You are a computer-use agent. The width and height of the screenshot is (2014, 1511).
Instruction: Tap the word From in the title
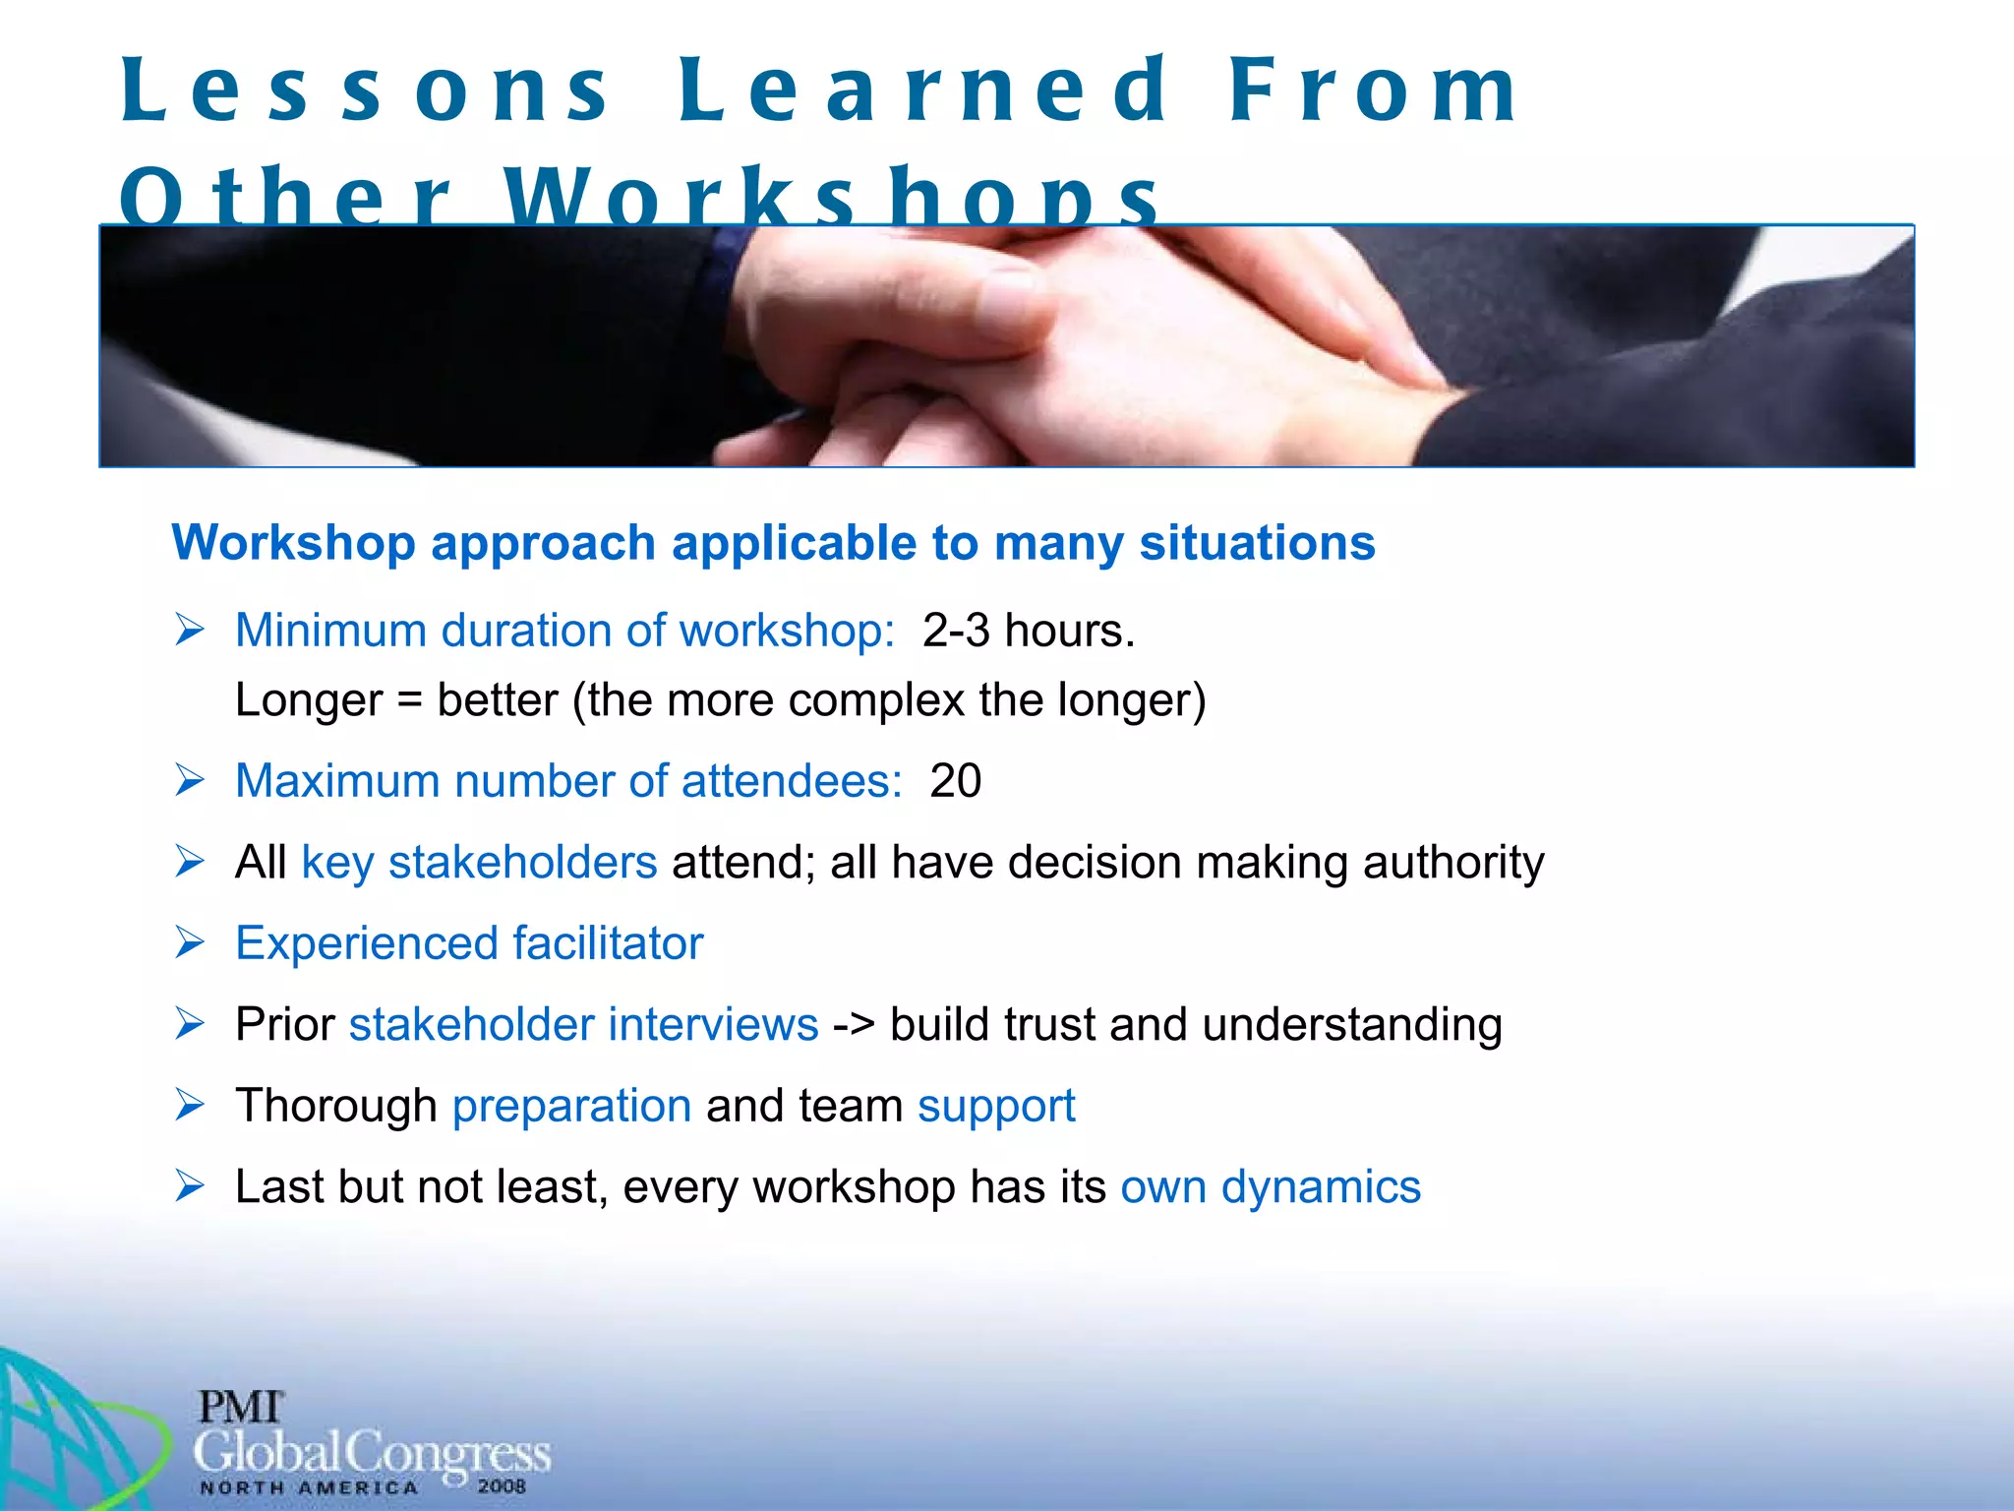[x=1374, y=91]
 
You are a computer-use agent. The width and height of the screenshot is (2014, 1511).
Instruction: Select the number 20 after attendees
[x=956, y=781]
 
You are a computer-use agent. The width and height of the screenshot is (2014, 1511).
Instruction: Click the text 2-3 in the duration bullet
[x=956, y=631]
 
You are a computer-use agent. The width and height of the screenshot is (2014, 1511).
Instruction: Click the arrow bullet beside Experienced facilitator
[x=189, y=942]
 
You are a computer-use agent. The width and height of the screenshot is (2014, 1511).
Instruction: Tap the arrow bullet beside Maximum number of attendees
[x=189, y=780]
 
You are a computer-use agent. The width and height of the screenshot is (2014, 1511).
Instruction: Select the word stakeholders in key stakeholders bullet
[x=522, y=863]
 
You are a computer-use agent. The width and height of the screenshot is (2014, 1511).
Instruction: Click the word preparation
[x=571, y=1107]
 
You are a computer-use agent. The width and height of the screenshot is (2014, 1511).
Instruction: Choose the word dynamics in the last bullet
[x=1321, y=1187]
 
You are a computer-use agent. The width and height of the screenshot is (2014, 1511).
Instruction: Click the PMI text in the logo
[x=240, y=1408]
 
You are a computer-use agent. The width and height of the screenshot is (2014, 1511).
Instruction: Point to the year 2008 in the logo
[x=502, y=1486]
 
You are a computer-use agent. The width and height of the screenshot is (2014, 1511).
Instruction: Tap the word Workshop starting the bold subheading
[x=293, y=544]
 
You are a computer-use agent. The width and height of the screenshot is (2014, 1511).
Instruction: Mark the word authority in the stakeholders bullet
[x=1452, y=863]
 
